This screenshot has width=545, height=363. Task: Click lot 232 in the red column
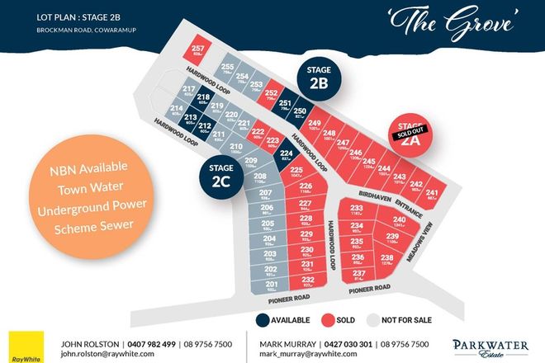306,280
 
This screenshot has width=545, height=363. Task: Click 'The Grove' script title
453,21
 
